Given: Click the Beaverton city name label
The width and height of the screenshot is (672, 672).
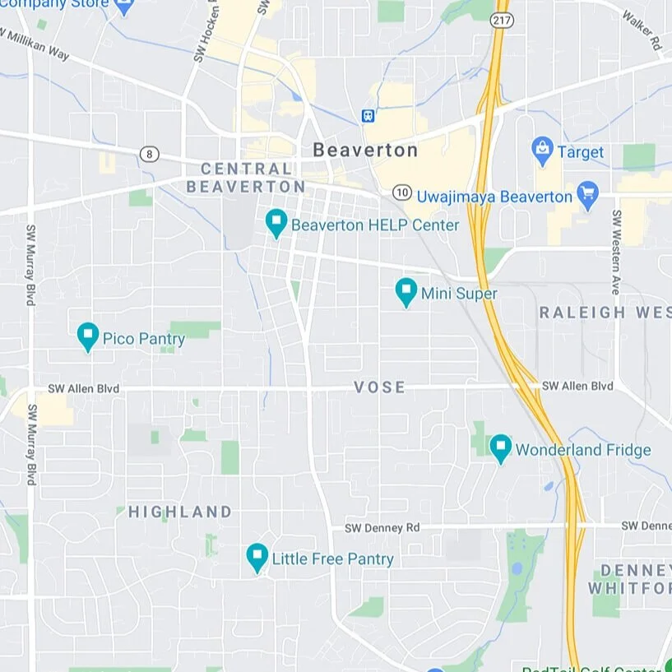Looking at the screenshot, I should click(365, 151).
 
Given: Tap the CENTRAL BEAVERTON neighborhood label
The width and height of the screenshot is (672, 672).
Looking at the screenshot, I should click(246, 178).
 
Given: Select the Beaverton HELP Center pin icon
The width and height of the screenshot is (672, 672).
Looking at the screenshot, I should click(276, 223).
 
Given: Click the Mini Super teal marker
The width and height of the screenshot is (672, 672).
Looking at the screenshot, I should click(406, 291).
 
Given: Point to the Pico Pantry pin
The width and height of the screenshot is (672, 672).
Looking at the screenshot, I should click(88, 336).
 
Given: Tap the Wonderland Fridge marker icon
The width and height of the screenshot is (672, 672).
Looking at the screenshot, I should click(500, 448).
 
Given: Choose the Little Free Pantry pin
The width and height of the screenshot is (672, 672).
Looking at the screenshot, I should click(257, 557).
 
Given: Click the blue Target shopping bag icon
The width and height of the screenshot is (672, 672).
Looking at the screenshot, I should click(541, 151).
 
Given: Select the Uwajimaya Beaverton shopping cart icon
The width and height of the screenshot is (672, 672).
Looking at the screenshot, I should click(586, 195).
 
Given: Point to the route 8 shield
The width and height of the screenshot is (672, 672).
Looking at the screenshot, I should click(148, 154).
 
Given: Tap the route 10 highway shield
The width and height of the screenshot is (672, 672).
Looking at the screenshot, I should click(401, 192).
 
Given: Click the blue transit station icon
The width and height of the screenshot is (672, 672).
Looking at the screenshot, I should click(368, 117).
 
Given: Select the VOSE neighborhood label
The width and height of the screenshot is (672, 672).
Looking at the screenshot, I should click(379, 387).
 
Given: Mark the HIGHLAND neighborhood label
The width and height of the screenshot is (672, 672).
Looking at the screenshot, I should click(180, 512).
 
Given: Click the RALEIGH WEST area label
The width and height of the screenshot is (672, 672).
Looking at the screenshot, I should click(605, 313).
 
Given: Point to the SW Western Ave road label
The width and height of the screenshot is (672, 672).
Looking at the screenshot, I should click(615, 252).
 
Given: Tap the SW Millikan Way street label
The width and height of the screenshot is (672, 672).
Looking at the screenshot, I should click(35, 46).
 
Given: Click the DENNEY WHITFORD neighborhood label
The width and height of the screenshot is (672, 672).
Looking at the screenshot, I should click(631, 579).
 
